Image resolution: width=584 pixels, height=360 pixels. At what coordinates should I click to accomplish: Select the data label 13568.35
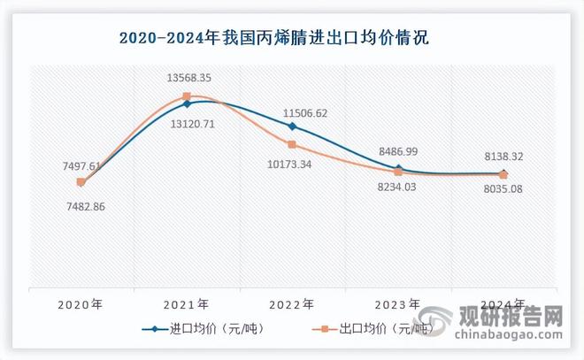(x=188, y=78)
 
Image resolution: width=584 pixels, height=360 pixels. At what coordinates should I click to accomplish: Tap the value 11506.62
(x=305, y=113)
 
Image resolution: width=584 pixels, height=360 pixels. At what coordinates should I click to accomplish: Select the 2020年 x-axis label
(x=81, y=303)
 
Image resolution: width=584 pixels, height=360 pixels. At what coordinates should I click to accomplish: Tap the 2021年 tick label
(x=187, y=303)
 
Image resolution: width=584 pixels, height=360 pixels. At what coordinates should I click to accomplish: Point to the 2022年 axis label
(x=292, y=303)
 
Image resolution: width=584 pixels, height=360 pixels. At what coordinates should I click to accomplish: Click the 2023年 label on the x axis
(x=398, y=303)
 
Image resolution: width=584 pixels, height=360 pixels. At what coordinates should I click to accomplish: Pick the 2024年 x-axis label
(x=503, y=303)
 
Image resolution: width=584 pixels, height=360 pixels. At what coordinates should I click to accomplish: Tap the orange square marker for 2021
(x=187, y=96)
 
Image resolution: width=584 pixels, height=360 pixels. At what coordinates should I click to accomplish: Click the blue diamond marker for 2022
(x=292, y=127)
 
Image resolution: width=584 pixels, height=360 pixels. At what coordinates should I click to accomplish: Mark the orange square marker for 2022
(x=292, y=144)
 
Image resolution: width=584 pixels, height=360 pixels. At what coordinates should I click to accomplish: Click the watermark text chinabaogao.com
(x=508, y=336)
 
